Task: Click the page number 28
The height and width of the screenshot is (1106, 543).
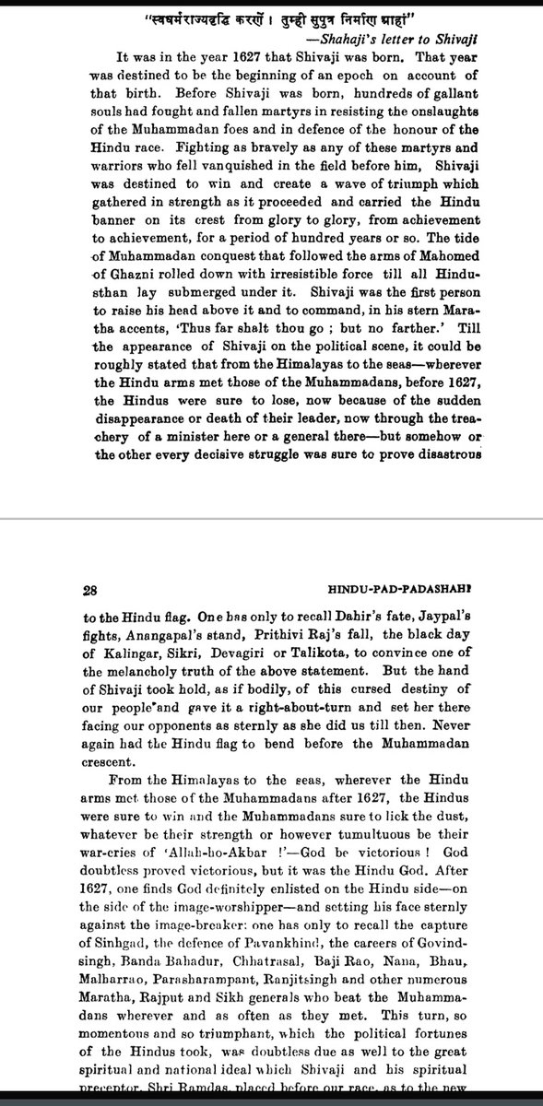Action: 91,586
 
